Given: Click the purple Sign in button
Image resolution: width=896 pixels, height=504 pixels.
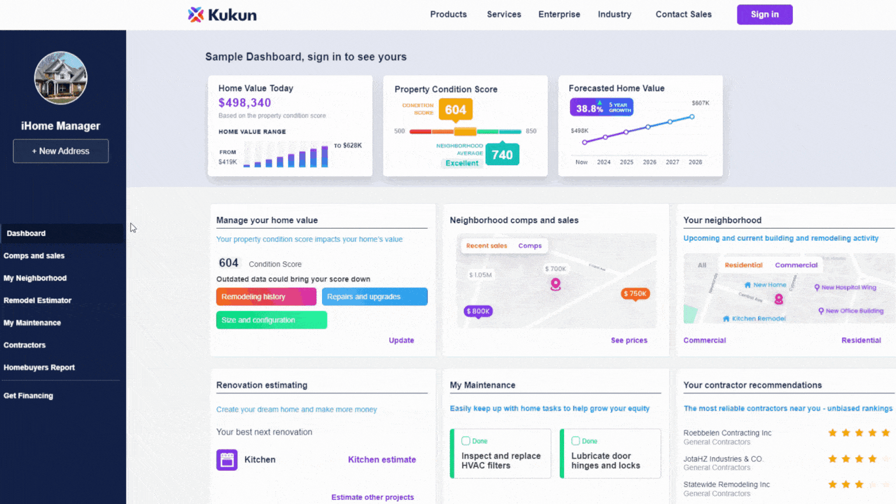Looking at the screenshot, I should (764, 15).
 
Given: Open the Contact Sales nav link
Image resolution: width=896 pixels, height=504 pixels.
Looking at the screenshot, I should (683, 15).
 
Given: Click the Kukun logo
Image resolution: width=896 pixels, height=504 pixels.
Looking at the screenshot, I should (222, 15).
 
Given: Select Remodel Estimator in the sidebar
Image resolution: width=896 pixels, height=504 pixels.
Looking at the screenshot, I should (37, 300).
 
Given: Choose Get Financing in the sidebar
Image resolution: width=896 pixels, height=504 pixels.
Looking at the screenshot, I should (28, 395).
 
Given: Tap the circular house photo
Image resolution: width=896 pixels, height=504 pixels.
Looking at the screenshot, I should (61, 78).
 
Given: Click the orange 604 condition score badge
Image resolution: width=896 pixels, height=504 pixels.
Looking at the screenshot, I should (455, 110).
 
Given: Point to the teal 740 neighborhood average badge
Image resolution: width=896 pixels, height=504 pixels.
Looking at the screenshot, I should (502, 155).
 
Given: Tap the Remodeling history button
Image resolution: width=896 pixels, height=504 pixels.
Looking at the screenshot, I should (266, 297).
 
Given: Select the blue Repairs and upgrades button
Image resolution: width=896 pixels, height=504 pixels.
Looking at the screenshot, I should (374, 297).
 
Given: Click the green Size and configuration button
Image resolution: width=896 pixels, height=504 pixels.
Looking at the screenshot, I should (271, 320).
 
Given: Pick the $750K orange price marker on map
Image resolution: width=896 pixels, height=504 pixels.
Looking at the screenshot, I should (635, 294).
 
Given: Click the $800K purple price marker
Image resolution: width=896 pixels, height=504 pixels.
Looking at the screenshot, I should (478, 311).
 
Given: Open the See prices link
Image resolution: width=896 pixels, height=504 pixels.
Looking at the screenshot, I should (629, 340).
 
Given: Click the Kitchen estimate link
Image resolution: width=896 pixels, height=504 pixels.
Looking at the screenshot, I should (381, 460).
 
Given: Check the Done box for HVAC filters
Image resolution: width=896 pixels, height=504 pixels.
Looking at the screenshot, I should (466, 441).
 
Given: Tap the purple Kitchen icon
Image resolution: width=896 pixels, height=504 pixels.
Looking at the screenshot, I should (227, 460).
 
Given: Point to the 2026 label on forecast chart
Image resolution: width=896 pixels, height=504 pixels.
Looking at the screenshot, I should (649, 162).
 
